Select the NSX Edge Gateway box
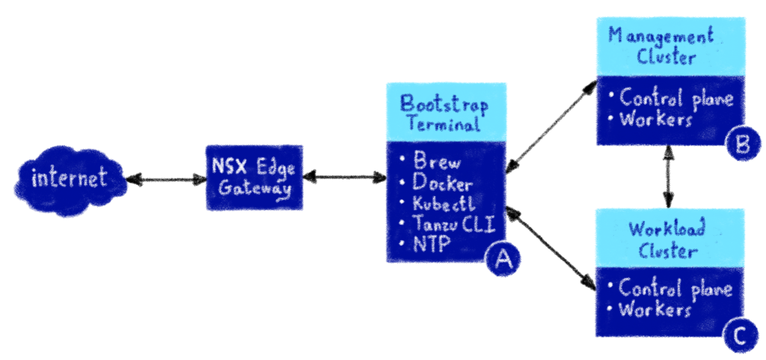point(254,177)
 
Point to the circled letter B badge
point(743,144)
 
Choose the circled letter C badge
point(740,335)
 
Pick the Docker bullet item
point(436,183)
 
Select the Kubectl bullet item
point(438,203)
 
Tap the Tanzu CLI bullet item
point(447,224)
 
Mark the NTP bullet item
point(424,244)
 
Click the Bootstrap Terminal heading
point(445,113)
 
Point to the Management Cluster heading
point(661,46)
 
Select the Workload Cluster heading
point(667,240)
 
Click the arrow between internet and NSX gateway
point(167,180)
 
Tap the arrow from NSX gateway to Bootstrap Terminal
point(345,177)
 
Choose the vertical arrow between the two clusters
point(669,177)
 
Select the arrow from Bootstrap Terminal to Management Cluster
point(551,126)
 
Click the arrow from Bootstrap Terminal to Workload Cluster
point(551,248)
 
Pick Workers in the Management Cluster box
point(651,120)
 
